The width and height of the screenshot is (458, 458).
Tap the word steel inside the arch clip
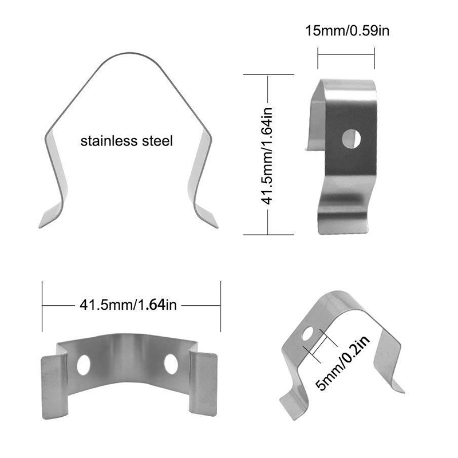pos(156,141)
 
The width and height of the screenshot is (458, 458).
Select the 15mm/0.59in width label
pos(347,30)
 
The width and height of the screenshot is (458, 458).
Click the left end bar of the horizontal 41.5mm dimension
pos(43,306)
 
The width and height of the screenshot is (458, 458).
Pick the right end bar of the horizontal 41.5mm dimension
pos(221,306)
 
